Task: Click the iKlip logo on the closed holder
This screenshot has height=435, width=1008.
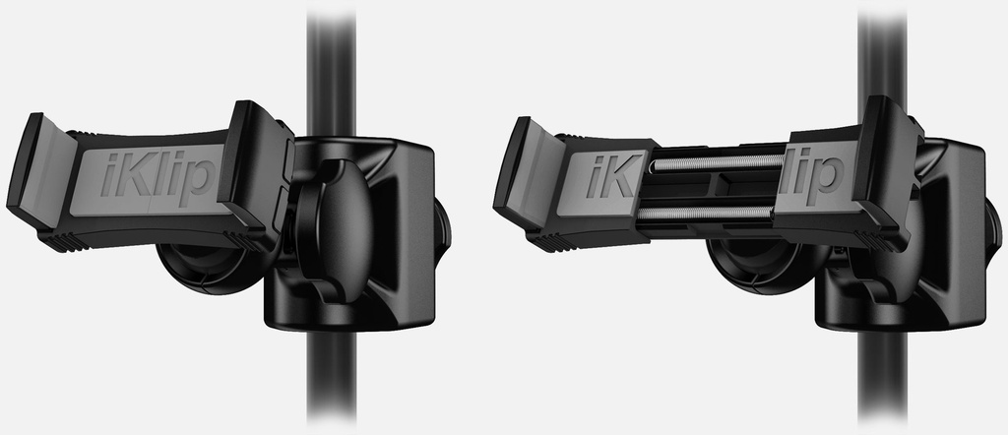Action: (157, 177)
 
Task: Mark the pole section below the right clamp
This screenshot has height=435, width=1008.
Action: (881, 379)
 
